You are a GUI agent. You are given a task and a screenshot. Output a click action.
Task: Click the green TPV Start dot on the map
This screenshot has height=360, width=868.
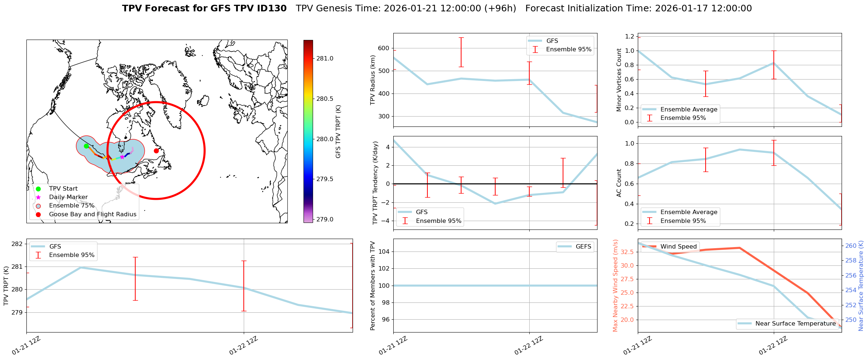tap(87, 146)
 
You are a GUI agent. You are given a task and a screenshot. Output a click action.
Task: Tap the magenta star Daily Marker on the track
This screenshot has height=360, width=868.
tap(122, 157)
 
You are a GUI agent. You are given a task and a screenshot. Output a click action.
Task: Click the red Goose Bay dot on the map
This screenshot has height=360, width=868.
tap(156, 151)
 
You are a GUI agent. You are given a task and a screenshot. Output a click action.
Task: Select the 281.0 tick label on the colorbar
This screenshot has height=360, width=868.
tap(325, 59)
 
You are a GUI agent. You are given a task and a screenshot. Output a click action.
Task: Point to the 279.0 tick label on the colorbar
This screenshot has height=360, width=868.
tap(325, 219)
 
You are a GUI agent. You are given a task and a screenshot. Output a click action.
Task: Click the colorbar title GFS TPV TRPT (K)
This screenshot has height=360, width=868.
tap(338, 132)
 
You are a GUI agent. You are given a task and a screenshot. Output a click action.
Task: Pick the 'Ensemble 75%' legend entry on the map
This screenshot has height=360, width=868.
tap(71, 206)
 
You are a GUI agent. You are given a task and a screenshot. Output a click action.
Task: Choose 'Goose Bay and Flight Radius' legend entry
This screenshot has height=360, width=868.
tap(92, 214)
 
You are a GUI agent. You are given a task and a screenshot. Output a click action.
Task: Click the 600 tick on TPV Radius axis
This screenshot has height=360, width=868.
tap(383, 48)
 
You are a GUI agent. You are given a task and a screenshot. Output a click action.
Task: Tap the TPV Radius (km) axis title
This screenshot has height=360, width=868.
tap(373, 80)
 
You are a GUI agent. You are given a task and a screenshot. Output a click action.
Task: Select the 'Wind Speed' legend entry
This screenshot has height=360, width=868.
tap(678, 247)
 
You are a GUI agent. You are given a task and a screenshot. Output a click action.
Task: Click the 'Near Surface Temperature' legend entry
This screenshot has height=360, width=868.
tap(795, 324)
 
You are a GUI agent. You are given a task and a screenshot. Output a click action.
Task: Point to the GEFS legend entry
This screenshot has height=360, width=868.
tap(583, 247)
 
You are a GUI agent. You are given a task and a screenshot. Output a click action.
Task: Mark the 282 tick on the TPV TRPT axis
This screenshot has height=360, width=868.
tap(17, 244)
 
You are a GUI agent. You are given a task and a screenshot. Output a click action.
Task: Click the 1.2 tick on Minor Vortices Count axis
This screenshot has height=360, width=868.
tap(630, 36)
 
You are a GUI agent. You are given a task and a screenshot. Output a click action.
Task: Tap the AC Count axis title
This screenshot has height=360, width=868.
tap(619, 183)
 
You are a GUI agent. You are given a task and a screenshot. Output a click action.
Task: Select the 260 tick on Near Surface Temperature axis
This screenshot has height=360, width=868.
tap(851, 246)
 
